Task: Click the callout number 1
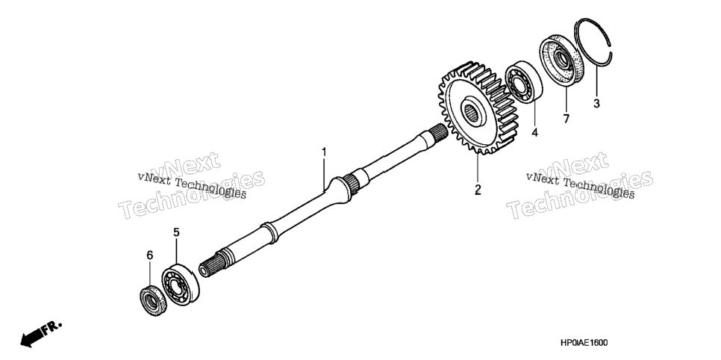pos(324,152)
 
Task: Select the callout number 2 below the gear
pos(478,189)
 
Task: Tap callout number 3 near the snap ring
pos(596,104)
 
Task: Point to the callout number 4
pos(534,133)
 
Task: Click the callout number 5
pos(176,232)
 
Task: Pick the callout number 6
pos(149,255)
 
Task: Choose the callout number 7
pos(566,118)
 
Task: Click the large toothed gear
pos(477,108)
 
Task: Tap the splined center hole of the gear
pos(471,111)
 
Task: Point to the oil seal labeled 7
pos(559,58)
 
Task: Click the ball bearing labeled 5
pos(181,285)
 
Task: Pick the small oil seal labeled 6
pos(153,301)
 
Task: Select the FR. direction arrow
pos(40,333)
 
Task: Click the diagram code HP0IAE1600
pos(584,343)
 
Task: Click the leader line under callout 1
pos(324,173)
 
